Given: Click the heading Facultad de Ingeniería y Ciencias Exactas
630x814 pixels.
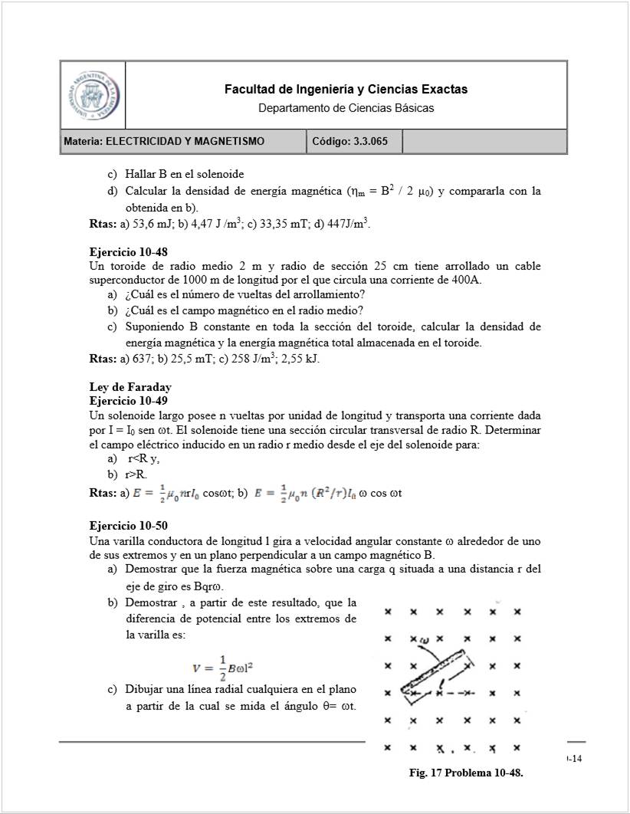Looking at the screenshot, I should pyautogui.click(x=346, y=90).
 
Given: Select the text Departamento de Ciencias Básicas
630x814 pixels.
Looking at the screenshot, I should pyautogui.click(x=346, y=108).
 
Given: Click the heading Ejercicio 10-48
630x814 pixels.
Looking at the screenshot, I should pyautogui.click(x=128, y=252).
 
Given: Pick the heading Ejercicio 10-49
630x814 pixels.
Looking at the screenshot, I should pyautogui.click(x=128, y=401).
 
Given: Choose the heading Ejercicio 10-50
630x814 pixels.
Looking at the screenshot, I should pyautogui.click(x=128, y=526).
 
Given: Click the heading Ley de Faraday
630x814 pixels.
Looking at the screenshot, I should pyautogui.click(x=130, y=387).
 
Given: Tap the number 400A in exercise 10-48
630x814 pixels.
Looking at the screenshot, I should pyautogui.click(x=466, y=280).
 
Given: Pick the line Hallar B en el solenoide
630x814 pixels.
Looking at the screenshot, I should pyautogui.click(x=185, y=175).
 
